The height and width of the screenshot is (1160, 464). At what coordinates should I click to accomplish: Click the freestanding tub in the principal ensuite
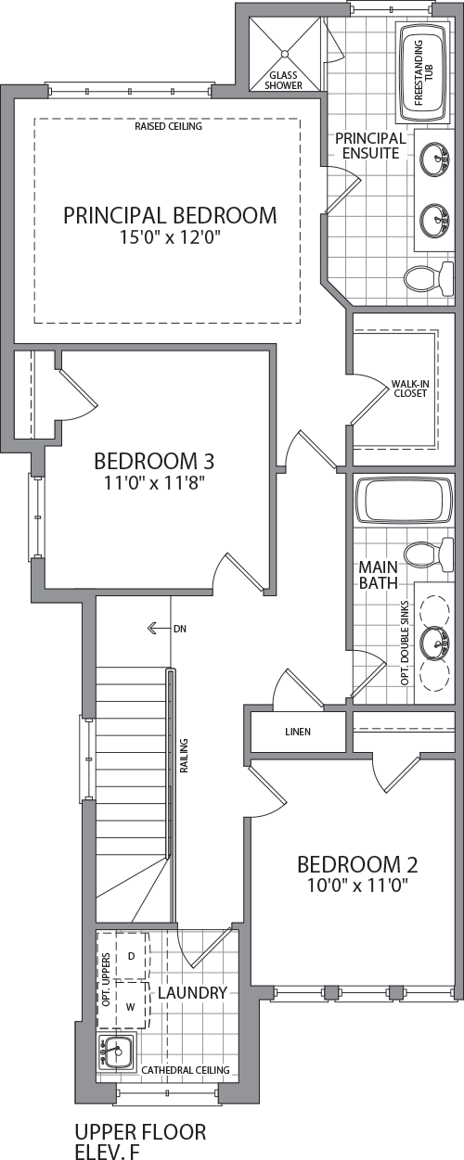coord(423,72)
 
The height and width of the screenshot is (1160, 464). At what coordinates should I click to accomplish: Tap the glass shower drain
coord(285,54)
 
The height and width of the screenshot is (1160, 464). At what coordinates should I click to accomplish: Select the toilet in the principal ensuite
coord(429,280)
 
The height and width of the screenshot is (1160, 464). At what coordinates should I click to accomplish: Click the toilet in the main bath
coord(429,555)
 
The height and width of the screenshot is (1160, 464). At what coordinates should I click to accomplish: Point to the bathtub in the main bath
coord(404,499)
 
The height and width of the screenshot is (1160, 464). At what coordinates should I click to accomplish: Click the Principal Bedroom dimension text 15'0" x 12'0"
coord(171,237)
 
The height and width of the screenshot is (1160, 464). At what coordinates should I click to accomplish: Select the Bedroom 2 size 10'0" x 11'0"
coord(357,886)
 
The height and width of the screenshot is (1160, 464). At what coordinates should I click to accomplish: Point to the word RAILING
coord(184,756)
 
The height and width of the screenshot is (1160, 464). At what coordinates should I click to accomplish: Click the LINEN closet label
coord(298,732)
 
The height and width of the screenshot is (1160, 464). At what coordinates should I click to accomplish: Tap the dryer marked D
coord(132,956)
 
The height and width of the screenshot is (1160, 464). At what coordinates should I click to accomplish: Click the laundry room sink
coord(117,1051)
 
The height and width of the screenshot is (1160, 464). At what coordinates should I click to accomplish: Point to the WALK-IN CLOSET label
coord(409,389)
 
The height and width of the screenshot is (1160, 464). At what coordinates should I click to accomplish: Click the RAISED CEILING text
coord(169,126)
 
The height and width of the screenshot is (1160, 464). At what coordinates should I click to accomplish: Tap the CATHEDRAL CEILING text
coord(186,1070)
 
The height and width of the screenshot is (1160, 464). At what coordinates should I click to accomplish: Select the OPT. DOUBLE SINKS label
coord(406,643)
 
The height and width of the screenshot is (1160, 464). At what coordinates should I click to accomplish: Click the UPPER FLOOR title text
coord(140,1132)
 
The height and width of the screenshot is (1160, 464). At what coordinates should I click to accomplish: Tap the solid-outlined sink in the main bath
coord(435,643)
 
